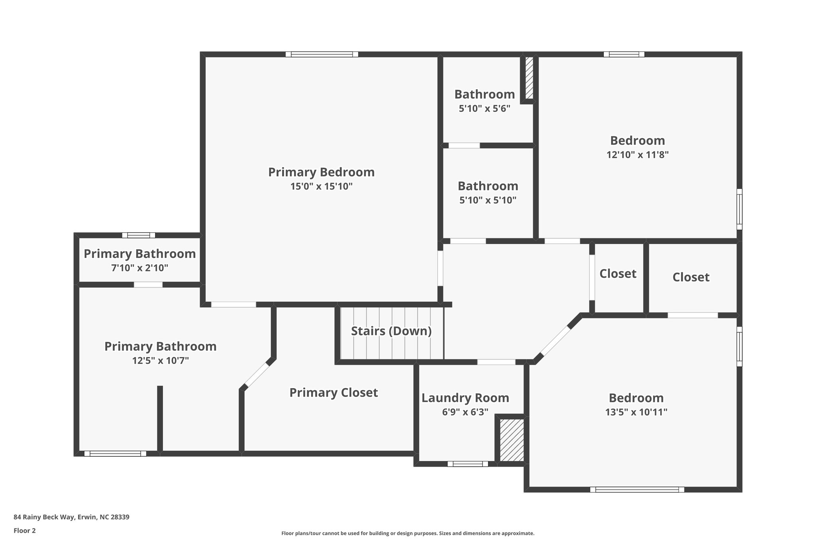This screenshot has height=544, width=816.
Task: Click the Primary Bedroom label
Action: [321, 172]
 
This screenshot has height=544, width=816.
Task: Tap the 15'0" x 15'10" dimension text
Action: [321, 186]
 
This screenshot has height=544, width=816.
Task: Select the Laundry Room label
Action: [465, 398]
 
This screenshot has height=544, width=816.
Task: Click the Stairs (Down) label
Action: [391, 331]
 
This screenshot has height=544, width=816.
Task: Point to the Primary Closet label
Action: [333, 393]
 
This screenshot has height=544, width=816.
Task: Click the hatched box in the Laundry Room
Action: [512, 440]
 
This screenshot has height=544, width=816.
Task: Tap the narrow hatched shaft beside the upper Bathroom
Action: [529, 78]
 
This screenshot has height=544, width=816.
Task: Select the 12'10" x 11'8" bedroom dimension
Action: [637, 155]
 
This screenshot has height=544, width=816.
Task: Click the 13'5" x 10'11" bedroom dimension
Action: [636, 412]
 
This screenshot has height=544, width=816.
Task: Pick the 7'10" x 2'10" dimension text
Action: [139, 268]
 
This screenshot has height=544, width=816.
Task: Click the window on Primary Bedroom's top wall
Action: [322, 54]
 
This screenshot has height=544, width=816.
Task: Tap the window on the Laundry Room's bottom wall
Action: [467, 463]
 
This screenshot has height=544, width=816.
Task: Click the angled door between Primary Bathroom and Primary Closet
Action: [257, 375]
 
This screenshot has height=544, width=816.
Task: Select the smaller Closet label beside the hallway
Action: [618, 273]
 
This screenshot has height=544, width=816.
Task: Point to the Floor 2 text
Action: [25, 530]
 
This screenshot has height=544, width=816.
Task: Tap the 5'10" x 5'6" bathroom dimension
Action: [484, 108]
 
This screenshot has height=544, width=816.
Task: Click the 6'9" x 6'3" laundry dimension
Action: [465, 412]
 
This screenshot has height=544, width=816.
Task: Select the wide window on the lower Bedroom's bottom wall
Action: [637, 489]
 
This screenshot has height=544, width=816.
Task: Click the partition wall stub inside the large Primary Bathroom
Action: [160, 418]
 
